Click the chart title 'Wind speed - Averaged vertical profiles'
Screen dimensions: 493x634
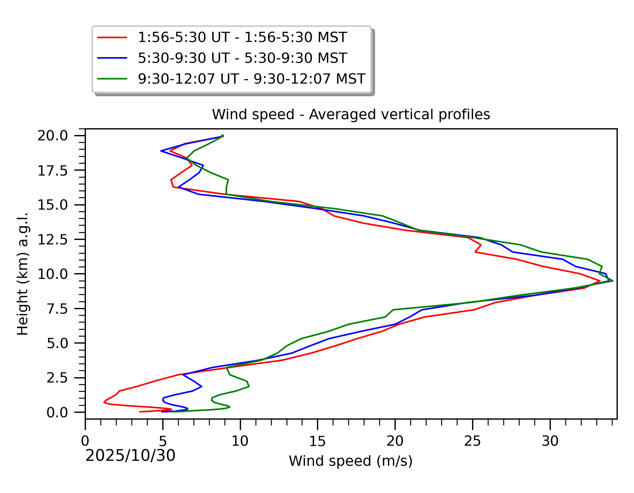point(351,114)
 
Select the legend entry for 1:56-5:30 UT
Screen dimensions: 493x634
point(242,37)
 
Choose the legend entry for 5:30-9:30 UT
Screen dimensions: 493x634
point(242,58)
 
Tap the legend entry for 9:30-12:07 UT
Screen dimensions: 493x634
point(252,79)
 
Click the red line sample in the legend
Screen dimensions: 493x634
point(112,37)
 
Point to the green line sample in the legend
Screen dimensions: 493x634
point(112,79)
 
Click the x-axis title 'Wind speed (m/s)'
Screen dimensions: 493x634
point(351,461)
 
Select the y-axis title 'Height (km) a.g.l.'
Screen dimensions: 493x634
point(23,274)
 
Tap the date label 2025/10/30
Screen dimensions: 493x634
point(131,456)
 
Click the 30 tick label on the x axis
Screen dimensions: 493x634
point(550,441)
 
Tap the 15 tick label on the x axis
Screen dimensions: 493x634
point(317,441)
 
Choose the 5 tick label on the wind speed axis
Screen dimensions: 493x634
point(163,441)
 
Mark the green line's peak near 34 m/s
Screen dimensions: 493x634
point(613,281)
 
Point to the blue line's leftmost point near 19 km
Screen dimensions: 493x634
point(161,151)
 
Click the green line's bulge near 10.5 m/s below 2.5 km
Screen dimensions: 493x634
point(249,386)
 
